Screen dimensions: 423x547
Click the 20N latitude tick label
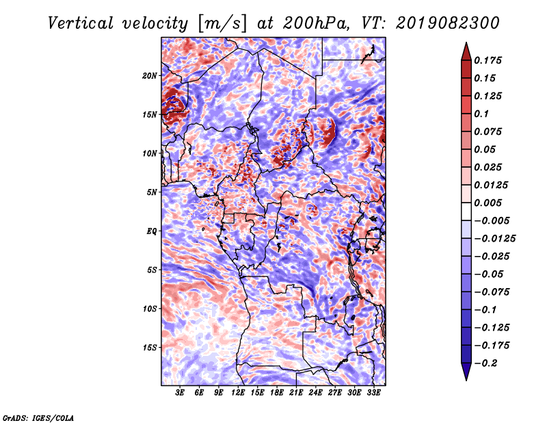tap(150, 75)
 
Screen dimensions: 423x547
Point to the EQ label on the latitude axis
tap(152, 231)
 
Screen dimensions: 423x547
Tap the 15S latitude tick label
tap(150, 348)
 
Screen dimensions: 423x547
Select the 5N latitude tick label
tap(151, 192)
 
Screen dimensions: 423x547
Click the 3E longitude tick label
tap(180, 394)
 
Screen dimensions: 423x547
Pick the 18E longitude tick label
tap(277, 394)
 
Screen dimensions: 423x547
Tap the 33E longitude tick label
tap(373, 394)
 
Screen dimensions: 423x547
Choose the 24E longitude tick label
tap(315, 394)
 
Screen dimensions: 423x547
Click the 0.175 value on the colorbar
tap(489, 60)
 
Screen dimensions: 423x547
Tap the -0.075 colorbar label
tap(494, 292)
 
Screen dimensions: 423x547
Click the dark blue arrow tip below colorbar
tap(465, 374)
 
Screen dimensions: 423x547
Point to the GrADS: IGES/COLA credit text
tap(38, 416)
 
